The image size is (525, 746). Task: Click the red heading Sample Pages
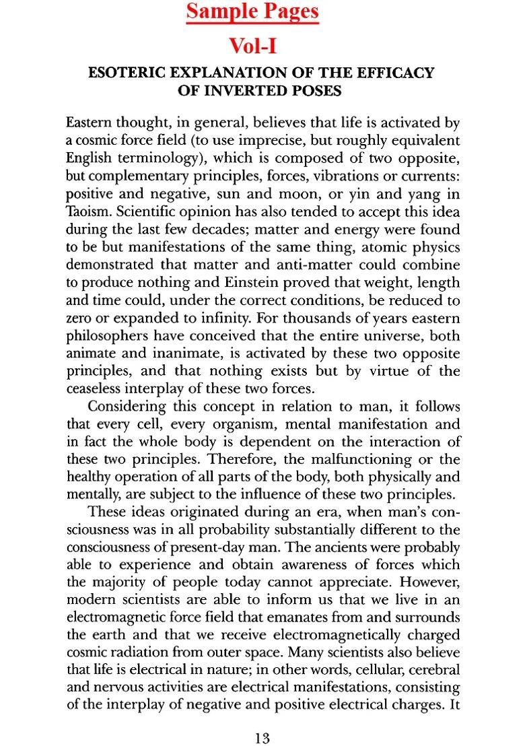point(252,12)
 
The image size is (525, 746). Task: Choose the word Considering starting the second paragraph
point(127,406)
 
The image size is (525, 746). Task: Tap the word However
point(430,582)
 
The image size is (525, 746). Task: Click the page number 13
point(262,738)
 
